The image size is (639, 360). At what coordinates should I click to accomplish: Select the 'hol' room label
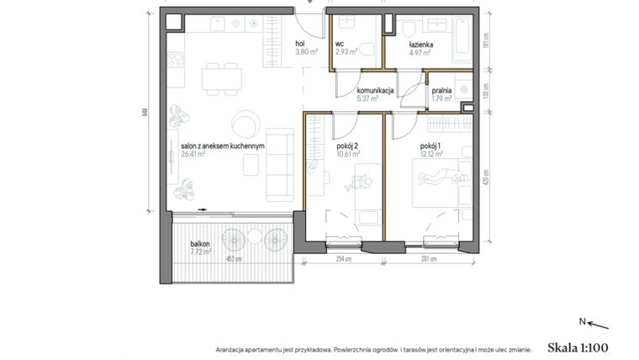click(299, 44)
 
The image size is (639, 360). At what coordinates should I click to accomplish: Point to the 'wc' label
click(340, 44)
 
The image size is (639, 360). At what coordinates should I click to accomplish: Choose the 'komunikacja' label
click(375, 89)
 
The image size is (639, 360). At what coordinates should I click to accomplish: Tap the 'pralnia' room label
click(442, 89)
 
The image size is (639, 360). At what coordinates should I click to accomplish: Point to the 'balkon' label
click(200, 242)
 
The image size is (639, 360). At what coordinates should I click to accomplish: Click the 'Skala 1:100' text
click(577, 346)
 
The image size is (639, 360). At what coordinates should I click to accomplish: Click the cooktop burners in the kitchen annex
click(176, 59)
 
